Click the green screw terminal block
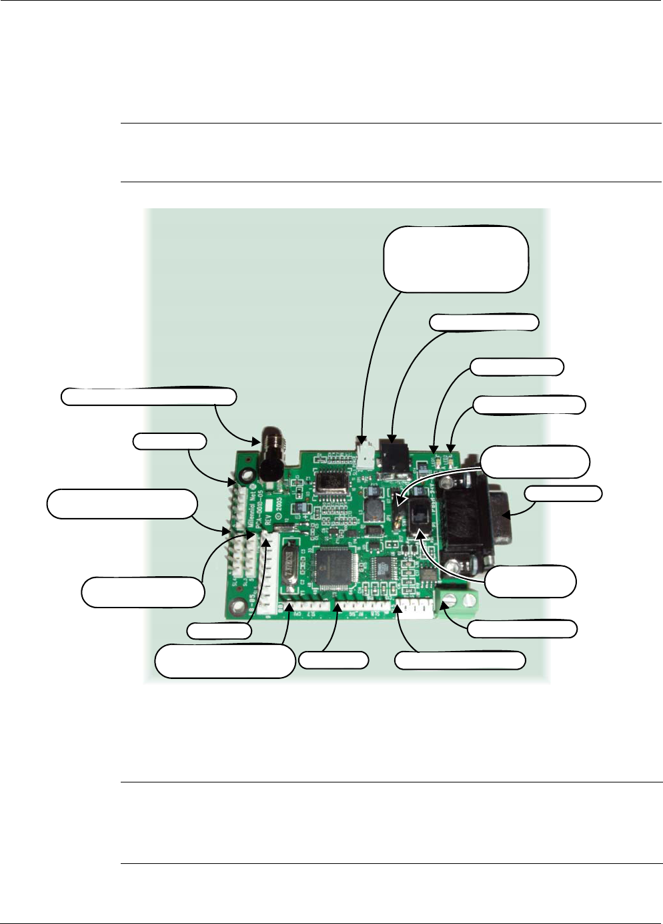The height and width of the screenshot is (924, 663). [457, 603]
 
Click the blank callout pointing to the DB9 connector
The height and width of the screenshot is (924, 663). [562, 494]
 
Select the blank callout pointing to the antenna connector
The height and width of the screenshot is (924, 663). [148, 396]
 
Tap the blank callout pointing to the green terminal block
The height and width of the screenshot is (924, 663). [521, 628]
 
